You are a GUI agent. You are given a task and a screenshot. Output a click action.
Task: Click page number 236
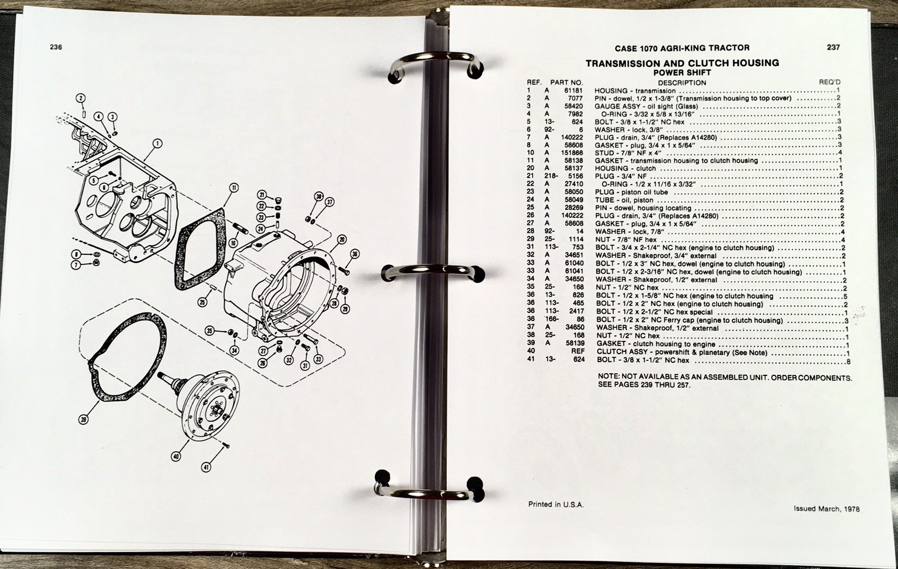(56, 47)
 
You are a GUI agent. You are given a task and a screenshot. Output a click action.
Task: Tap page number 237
(833, 47)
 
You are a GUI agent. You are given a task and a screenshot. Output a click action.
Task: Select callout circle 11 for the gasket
(233, 188)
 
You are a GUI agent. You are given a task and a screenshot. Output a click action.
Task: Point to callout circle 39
(84, 420)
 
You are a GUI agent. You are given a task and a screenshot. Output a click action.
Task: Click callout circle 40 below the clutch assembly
(176, 456)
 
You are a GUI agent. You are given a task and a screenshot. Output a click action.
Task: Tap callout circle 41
(206, 467)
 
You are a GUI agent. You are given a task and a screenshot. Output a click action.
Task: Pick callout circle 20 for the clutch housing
(342, 240)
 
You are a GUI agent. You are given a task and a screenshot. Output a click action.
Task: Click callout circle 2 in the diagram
(81, 98)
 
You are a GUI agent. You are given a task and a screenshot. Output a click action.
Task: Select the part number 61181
(573, 90)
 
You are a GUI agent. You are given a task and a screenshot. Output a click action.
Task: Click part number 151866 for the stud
(572, 153)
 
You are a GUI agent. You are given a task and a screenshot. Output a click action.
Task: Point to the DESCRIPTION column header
(682, 83)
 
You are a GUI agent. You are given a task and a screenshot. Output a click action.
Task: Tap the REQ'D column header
(830, 82)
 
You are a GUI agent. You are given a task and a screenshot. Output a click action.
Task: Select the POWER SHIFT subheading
(682, 73)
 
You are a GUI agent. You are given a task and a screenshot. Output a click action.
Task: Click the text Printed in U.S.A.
(556, 504)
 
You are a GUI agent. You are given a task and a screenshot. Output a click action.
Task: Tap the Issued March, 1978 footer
(827, 509)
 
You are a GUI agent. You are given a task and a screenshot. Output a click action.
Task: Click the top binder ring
(436, 64)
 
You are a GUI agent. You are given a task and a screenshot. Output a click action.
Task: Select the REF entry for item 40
(578, 351)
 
